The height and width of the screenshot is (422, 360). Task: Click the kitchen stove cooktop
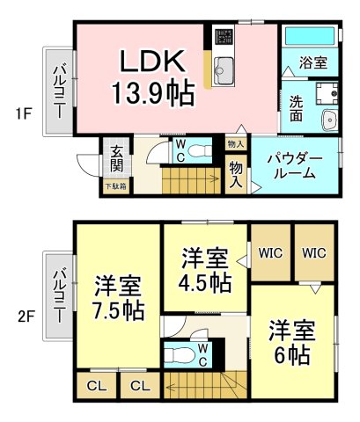[x=222, y=39]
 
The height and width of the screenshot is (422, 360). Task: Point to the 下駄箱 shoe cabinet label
[x=116, y=186]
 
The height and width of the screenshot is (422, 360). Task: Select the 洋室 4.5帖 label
[x=207, y=271]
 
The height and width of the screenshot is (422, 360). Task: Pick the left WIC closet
[x=269, y=252]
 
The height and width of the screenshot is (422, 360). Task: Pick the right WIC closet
[x=314, y=252]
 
